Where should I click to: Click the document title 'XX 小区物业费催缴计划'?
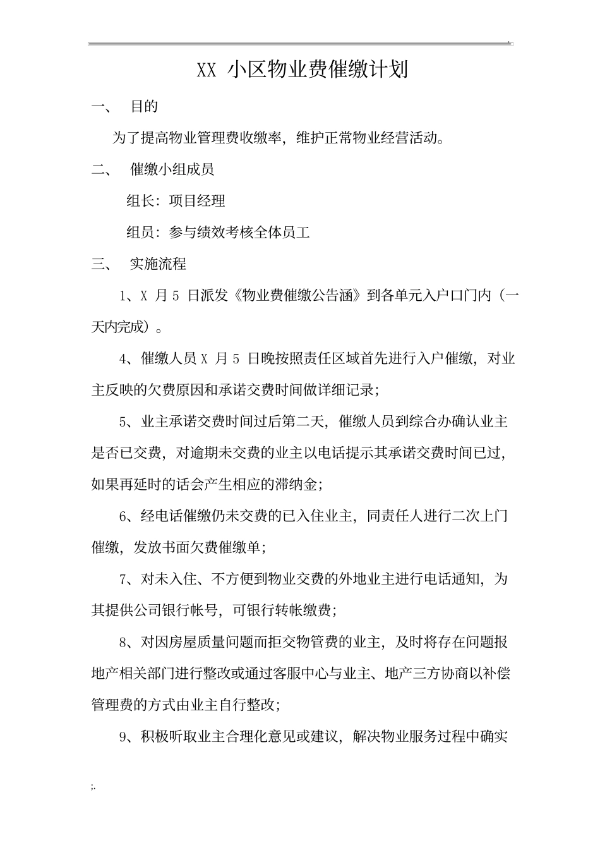(303, 70)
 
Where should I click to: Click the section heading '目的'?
(144, 107)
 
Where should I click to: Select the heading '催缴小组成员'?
(172, 169)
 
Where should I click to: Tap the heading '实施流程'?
(158, 264)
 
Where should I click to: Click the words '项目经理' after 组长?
(197, 201)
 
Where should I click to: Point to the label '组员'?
(140, 233)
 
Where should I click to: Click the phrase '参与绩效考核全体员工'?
(239, 233)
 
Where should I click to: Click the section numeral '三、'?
(101, 264)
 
